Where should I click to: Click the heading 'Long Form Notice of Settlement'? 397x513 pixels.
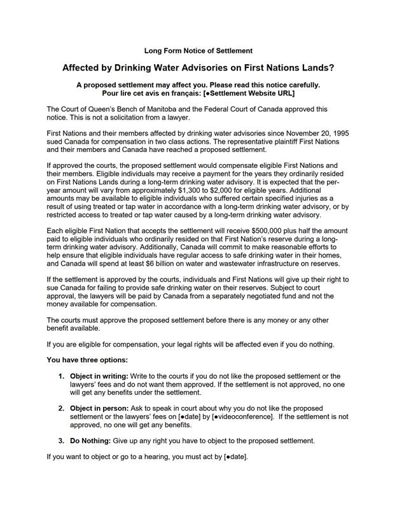(x=198, y=50)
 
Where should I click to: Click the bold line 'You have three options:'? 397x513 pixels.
(x=88, y=360)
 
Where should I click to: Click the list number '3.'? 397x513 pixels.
(x=62, y=441)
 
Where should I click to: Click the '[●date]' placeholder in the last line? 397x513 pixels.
(x=235, y=456)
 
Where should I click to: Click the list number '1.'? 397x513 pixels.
(x=62, y=376)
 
